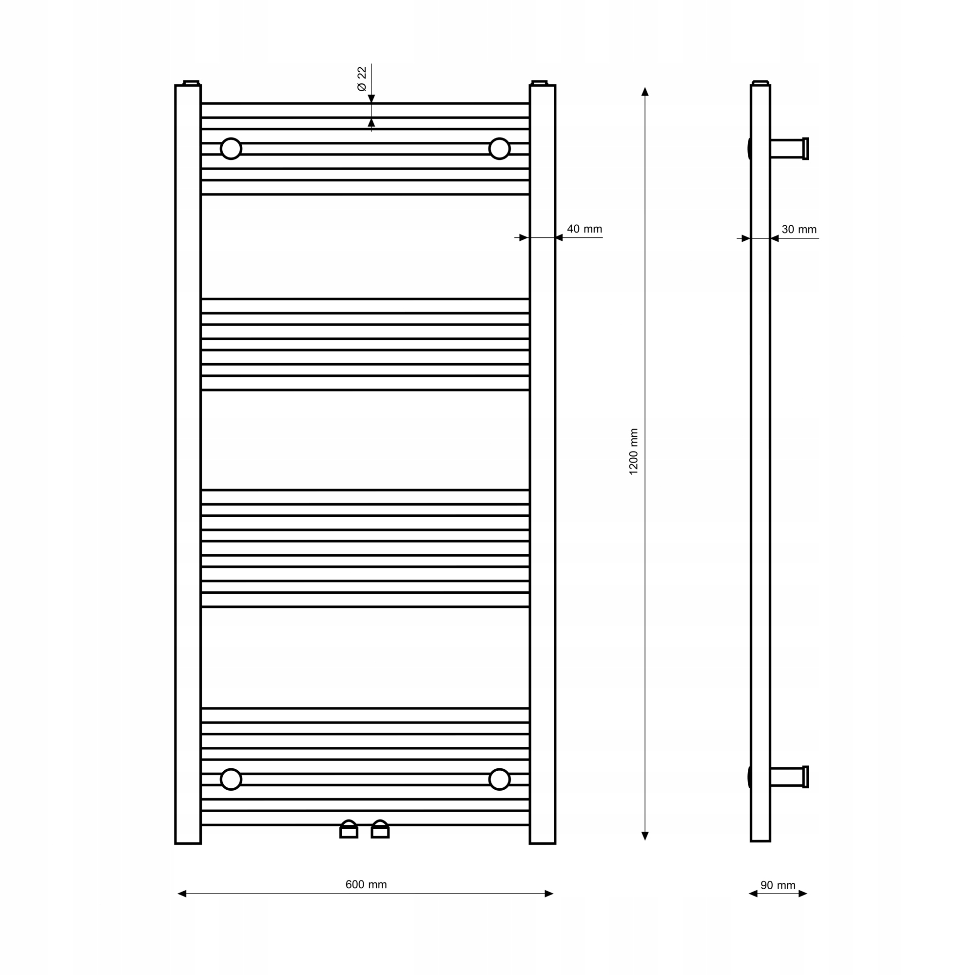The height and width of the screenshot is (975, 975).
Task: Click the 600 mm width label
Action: [366, 885]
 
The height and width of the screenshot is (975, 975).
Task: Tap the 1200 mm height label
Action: [634, 452]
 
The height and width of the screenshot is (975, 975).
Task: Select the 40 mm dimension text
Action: [585, 229]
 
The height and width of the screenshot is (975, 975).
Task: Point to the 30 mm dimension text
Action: [799, 229]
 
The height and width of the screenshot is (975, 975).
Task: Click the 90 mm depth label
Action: [778, 885]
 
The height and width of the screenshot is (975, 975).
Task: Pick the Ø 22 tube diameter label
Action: [362, 78]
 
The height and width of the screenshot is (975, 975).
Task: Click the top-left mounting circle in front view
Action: [231, 148]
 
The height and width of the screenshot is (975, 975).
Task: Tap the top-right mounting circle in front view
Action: [500, 148]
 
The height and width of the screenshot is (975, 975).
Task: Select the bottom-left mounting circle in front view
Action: [231, 780]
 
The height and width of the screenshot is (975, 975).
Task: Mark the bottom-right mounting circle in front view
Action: [500, 780]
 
